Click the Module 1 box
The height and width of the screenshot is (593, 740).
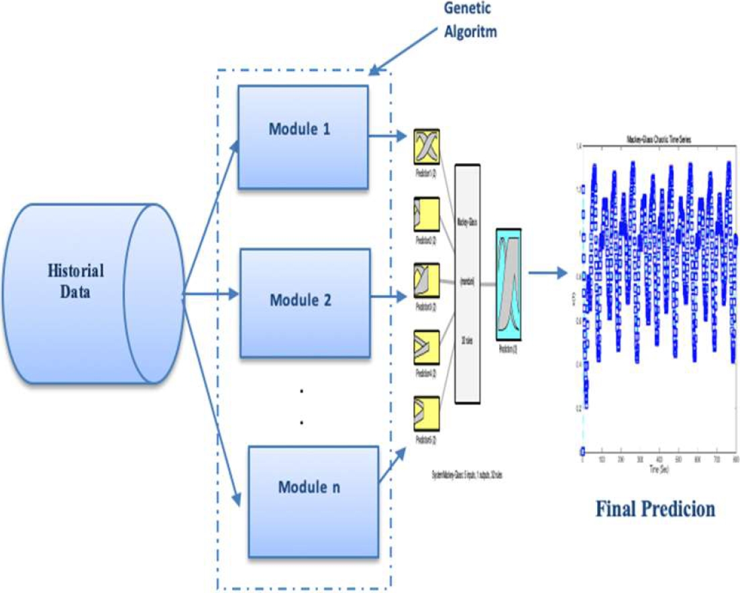[x=303, y=137]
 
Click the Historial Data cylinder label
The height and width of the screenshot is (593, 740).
[x=76, y=282]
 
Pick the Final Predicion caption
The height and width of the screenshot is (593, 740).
[x=655, y=508]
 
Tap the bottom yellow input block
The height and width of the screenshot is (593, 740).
[x=425, y=415]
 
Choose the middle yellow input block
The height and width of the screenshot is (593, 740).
[x=425, y=282]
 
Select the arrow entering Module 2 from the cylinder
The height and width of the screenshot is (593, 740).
[x=211, y=294]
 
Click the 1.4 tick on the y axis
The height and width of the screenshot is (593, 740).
[x=578, y=146]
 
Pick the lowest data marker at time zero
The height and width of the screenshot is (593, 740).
[x=583, y=450]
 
